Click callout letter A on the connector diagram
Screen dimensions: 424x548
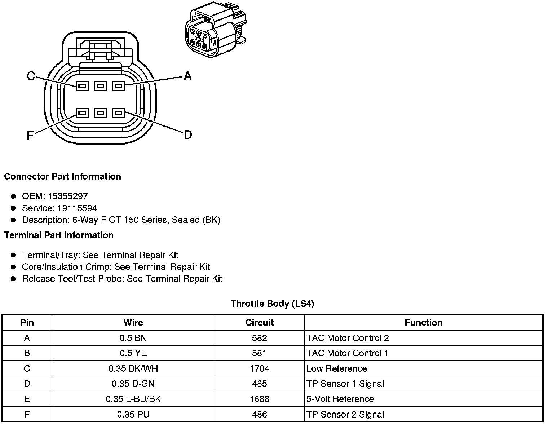187,76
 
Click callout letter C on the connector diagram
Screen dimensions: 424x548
31,76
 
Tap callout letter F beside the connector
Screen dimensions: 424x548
30,136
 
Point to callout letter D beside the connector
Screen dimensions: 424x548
188,135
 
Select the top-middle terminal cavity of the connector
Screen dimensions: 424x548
100,86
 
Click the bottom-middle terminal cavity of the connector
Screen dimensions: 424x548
100,113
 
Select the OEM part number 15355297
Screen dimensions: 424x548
68,196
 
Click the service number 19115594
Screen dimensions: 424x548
77,208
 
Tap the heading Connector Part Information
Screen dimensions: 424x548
62,176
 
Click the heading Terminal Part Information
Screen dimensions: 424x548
59,235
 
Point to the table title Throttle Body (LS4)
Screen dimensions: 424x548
272,304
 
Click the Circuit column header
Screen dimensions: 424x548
260,322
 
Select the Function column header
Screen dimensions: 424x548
423,322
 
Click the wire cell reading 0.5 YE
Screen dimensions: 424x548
133,353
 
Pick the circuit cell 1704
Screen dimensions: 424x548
260,368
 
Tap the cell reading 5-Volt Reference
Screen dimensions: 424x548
340,399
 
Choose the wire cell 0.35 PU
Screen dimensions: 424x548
133,415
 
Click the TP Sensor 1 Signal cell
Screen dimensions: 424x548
345,384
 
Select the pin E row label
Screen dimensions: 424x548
27,399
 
